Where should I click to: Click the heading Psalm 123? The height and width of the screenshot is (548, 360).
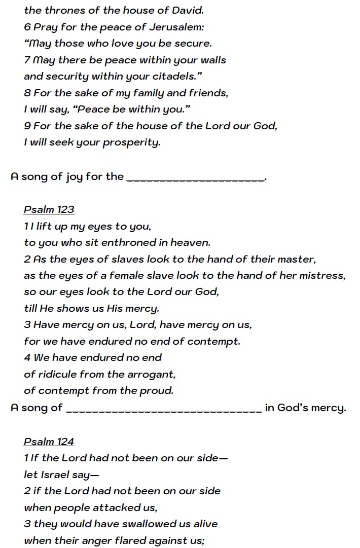(49, 210)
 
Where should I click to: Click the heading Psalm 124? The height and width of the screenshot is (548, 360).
(49, 442)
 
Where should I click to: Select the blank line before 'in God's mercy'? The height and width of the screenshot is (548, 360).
(164, 409)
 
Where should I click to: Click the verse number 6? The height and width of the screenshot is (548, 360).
(27, 27)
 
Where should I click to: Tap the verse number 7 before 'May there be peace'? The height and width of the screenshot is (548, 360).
(27, 60)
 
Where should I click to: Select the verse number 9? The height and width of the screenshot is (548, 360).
(27, 126)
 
